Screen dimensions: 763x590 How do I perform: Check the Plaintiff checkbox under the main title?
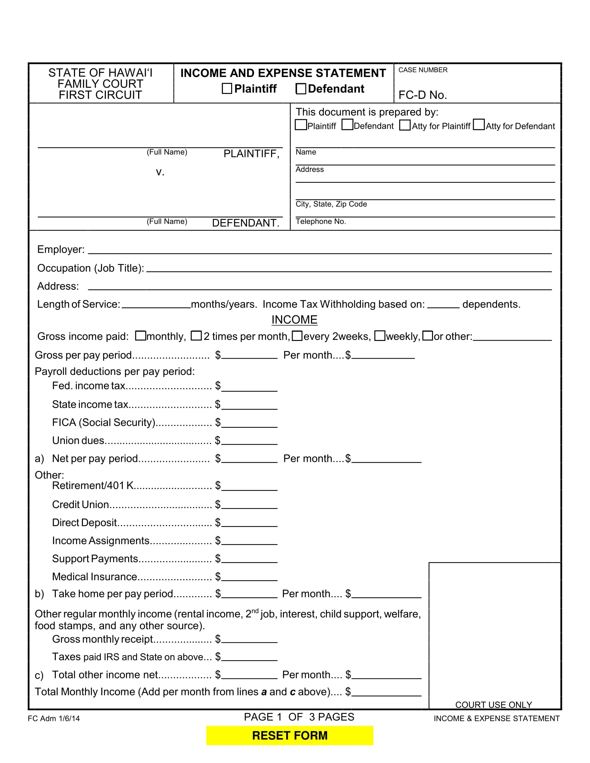click(227, 88)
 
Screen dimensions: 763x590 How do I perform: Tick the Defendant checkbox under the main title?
click(301, 88)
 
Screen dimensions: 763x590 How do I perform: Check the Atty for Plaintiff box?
click(405, 125)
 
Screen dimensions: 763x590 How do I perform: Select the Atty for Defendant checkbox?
click(479, 125)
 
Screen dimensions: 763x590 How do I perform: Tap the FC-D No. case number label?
click(423, 95)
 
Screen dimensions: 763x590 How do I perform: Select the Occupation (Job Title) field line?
click(349, 268)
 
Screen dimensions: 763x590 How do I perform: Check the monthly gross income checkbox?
click(141, 336)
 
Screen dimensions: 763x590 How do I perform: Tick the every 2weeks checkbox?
click(297, 336)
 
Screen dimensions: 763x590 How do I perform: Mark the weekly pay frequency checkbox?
click(380, 336)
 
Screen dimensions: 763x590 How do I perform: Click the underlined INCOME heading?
click(294, 320)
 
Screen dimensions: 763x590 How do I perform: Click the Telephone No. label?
click(321, 222)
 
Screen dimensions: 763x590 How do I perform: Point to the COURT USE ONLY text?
click(494, 705)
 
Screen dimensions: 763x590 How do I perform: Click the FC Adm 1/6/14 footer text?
click(54, 718)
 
